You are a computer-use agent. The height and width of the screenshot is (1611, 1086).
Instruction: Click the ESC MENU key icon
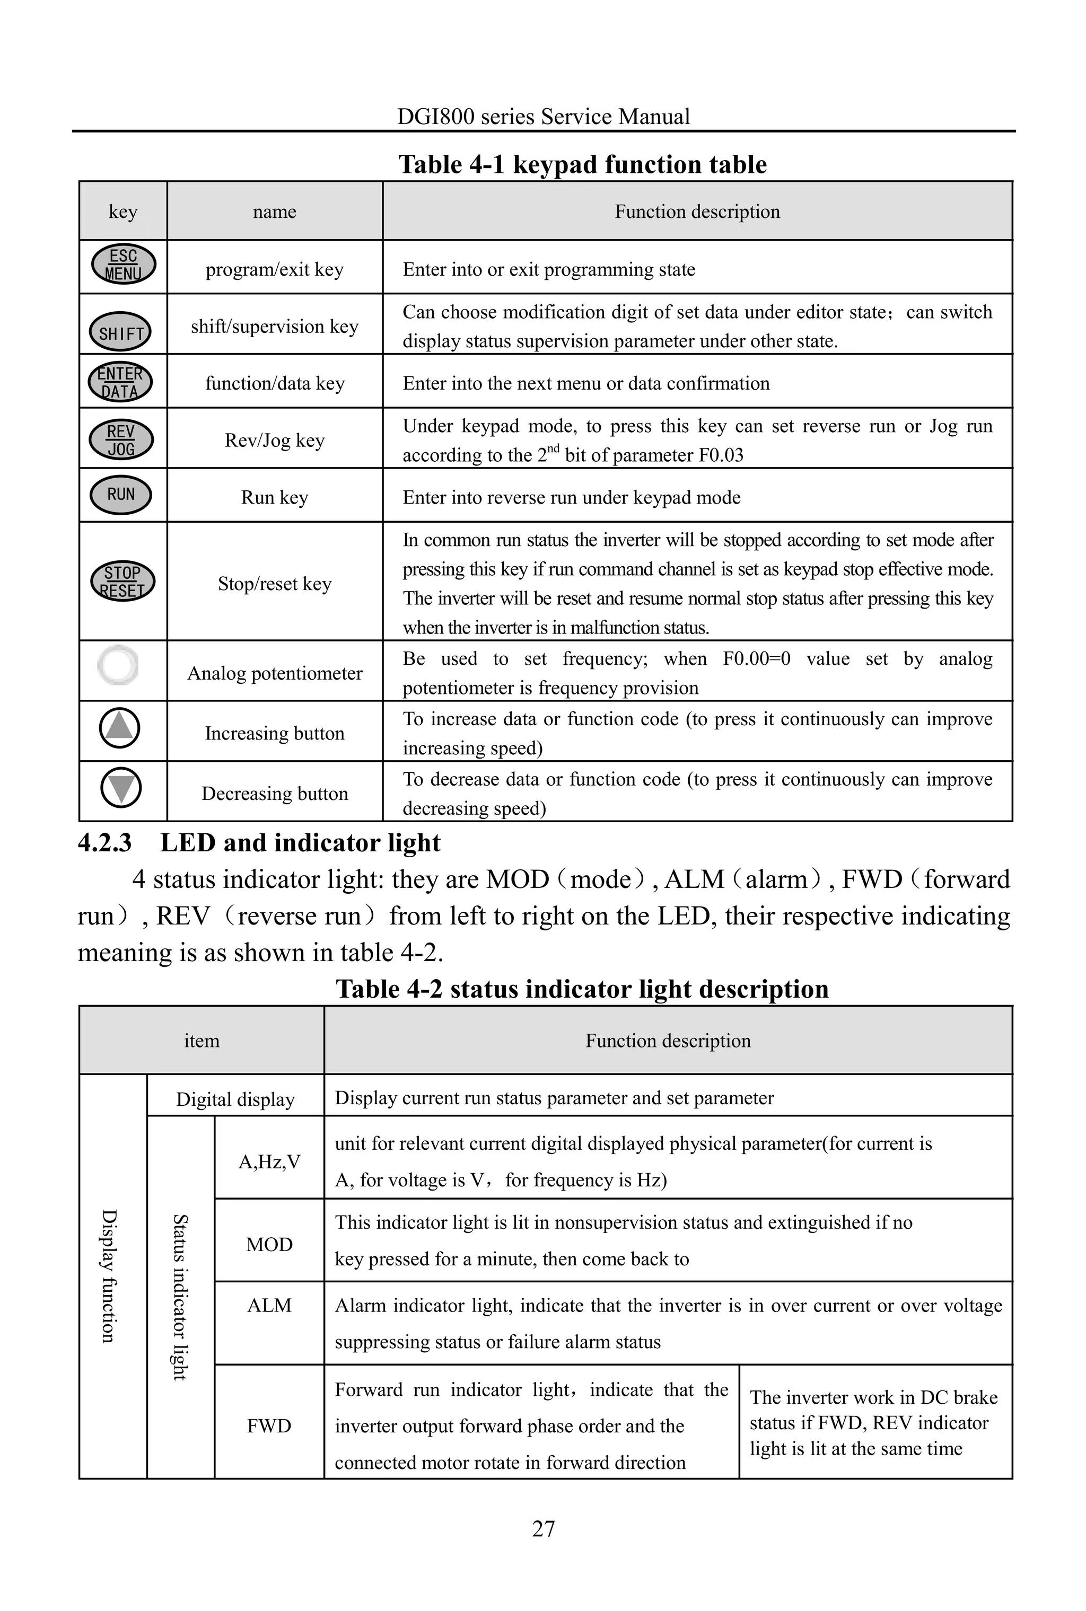pos(123,265)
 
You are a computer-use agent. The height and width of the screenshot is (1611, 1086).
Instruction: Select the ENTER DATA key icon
pos(120,382)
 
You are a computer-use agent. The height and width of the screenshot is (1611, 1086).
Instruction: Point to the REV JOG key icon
pos(121,439)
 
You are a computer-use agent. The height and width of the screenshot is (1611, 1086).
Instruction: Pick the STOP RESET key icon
pos(122,581)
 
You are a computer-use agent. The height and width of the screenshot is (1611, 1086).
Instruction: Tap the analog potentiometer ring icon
pos(118,665)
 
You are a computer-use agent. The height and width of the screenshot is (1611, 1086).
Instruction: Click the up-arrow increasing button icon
pos(120,728)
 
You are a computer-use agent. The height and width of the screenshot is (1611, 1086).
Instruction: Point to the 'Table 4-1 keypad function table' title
pos(582,165)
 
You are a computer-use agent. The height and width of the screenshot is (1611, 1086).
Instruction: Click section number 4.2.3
pos(104,843)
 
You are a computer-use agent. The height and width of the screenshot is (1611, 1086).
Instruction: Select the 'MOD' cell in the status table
pos(269,1245)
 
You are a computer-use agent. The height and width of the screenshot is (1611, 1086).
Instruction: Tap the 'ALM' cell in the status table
pos(269,1306)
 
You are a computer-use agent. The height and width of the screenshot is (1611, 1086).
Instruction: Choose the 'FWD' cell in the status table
pos(269,1425)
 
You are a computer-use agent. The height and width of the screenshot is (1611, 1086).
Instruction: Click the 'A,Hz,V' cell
pos(269,1161)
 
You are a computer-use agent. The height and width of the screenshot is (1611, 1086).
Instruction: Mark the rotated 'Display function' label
pos(109,1276)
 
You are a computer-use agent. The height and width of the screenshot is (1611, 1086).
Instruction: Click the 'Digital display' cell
pos(235,1099)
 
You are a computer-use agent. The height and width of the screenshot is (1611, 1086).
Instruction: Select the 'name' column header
pos(274,212)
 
